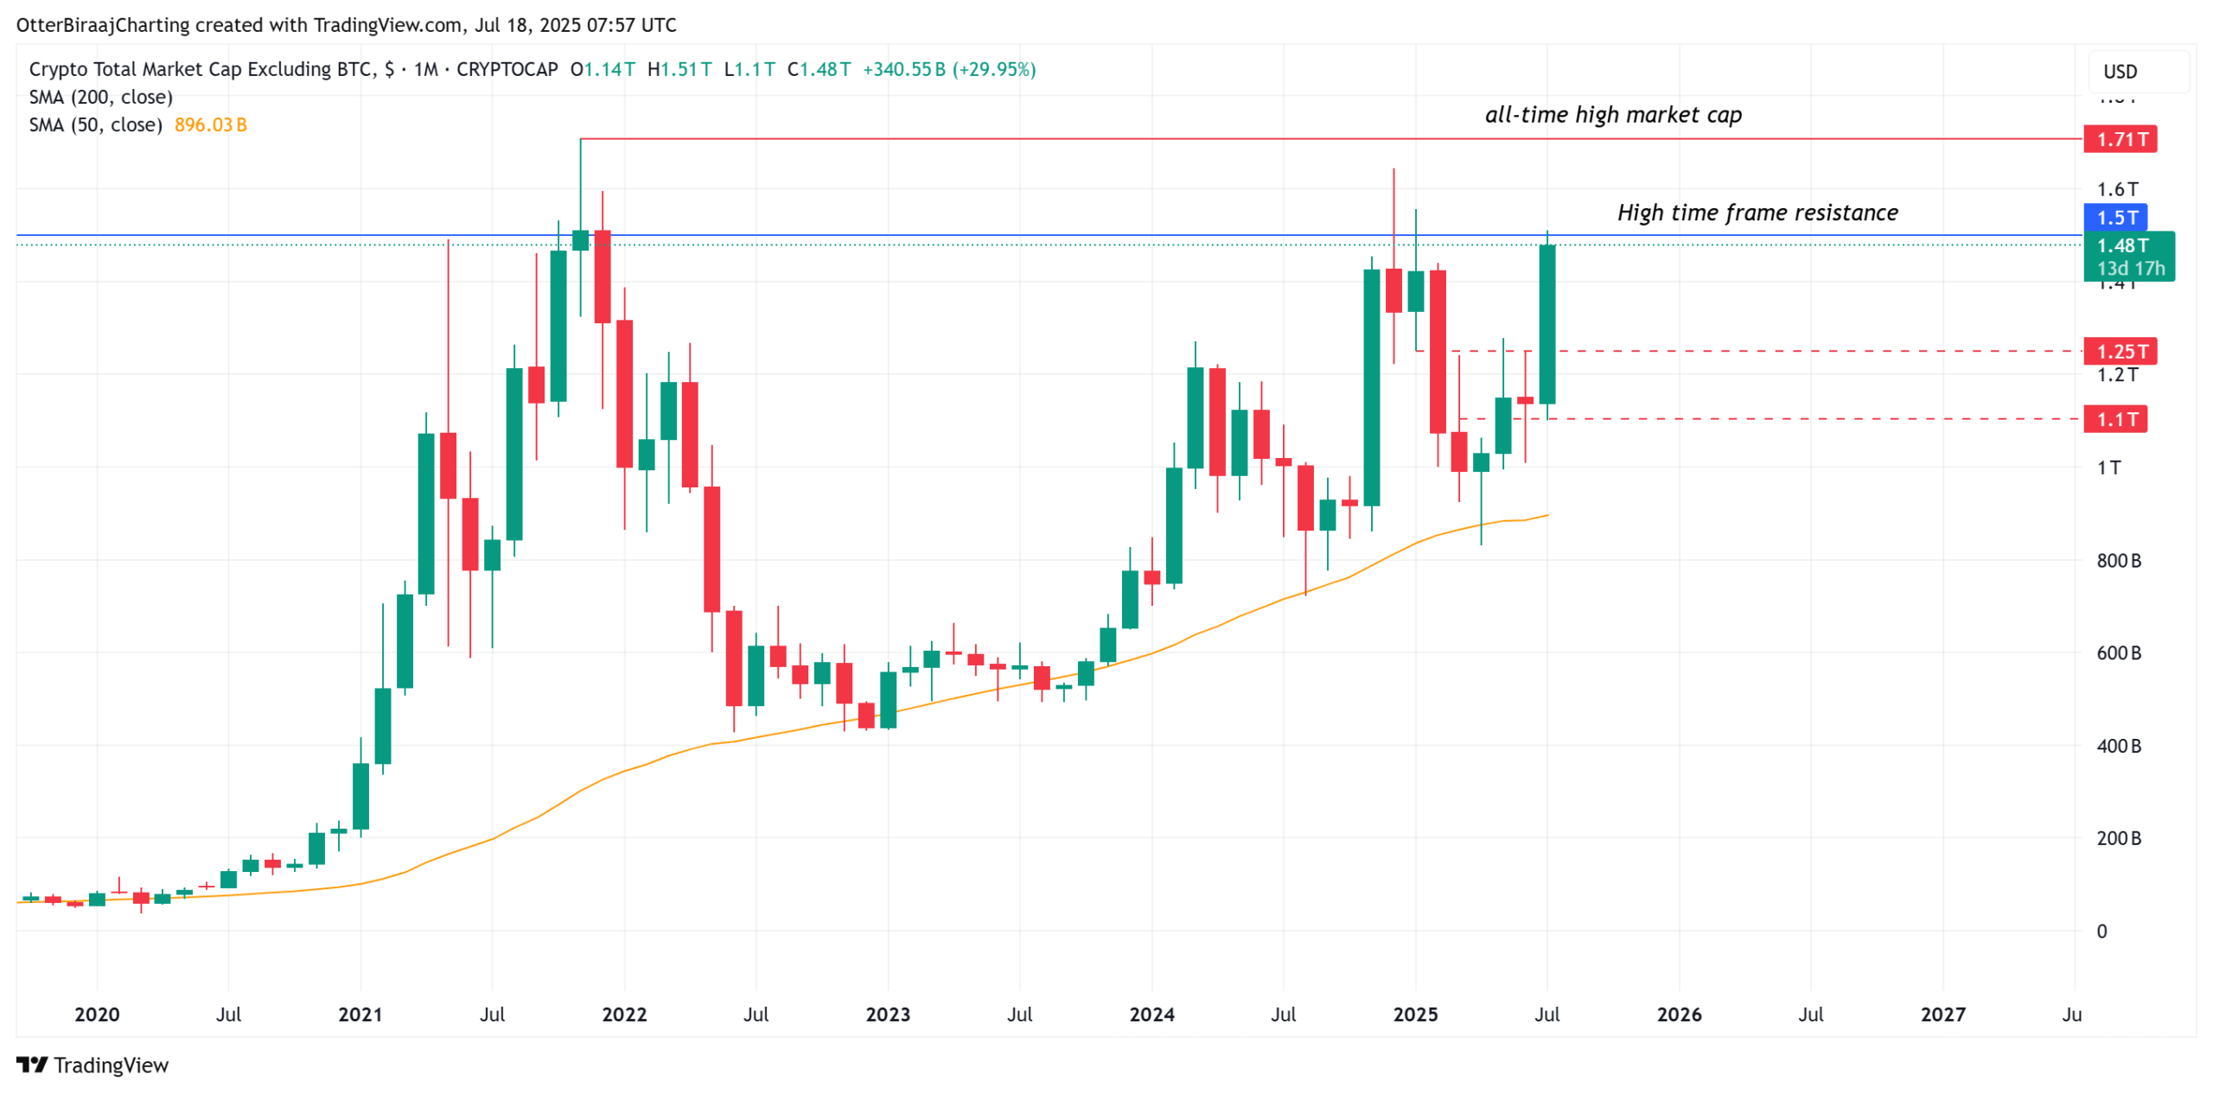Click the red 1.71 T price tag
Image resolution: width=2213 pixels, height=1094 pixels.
point(2119,138)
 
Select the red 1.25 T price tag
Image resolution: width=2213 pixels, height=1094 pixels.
point(2119,351)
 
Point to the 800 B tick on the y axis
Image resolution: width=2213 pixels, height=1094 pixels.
point(2118,560)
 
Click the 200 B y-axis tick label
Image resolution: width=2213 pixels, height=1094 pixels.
point(2118,837)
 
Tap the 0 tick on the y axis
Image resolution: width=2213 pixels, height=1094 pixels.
point(2101,931)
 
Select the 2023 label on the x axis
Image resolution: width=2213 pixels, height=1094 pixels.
point(887,1014)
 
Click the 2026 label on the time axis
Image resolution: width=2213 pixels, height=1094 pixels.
point(1678,1014)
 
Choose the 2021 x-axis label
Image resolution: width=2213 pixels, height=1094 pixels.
point(360,1014)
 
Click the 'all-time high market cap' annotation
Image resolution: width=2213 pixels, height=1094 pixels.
point(1612,115)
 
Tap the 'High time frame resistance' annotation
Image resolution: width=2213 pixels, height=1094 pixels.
point(1757,213)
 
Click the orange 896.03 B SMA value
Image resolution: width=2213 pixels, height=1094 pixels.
point(210,124)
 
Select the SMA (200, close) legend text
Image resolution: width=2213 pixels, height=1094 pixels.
point(101,97)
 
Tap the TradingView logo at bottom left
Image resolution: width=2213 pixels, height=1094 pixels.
point(92,1065)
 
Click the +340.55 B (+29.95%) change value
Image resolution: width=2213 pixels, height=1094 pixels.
point(948,69)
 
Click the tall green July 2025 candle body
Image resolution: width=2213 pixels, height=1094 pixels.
point(1547,324)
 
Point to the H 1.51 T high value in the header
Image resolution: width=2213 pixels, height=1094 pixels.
point(679,69)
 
